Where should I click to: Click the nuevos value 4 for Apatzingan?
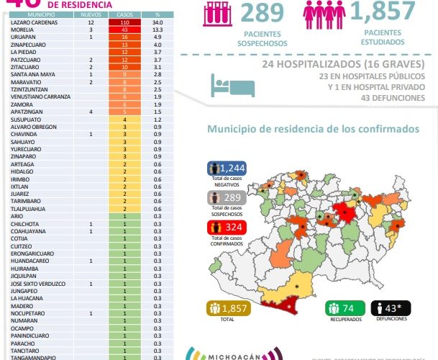[91, 112]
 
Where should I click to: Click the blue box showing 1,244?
[227, 168]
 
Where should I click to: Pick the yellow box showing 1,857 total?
[227, 308]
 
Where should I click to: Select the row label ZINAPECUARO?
[26, 44]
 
